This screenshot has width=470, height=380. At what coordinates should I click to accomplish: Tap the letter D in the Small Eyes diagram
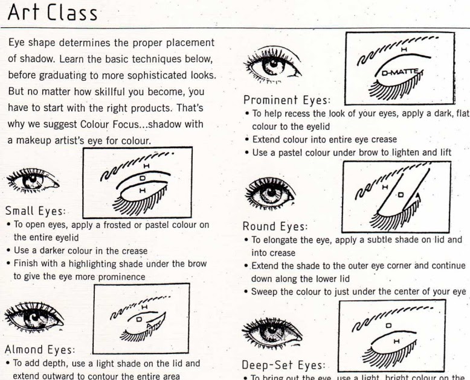click(x=141, y=179)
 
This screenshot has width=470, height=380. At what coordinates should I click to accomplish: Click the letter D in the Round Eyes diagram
click(x=400, y=195)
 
